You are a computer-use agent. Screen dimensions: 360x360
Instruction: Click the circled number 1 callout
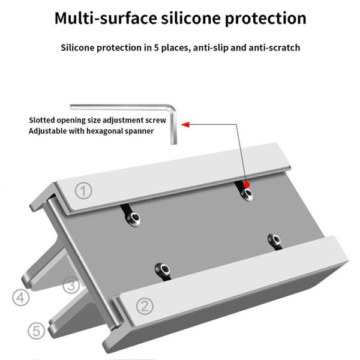pos(84,191)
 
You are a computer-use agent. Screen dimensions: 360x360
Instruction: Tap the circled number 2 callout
pos(143,307)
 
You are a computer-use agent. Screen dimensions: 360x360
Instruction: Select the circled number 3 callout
pos(71,286)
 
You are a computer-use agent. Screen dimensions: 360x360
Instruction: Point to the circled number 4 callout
pos(21,297)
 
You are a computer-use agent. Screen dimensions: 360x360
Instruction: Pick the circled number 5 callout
pos(36,329)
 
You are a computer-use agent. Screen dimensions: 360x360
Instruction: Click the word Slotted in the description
pos(45,119)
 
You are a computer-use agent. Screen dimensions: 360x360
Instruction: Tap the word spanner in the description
pos(137,130)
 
